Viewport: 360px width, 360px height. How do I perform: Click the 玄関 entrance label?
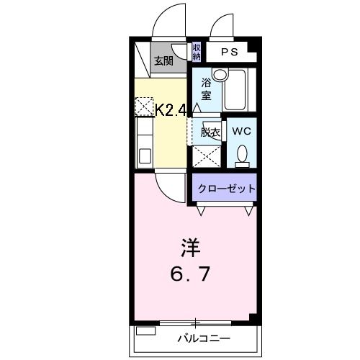point(163,61)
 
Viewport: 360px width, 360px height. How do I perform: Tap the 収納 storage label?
point(197,52)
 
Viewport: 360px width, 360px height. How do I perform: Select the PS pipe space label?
point(230,52)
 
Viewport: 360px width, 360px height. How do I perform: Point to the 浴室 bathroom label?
point(206,89)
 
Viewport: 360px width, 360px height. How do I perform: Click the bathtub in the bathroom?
point(234,90)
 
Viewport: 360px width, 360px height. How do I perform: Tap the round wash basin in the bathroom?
point(220,75)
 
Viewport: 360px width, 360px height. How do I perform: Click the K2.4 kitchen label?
point(171,110)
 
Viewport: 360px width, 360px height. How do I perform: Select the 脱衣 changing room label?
point(210,132)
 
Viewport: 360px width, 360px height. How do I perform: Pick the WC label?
point(241,131)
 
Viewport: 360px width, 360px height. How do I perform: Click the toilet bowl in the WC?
point(242,153)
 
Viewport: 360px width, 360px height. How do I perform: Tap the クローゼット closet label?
point(226,189)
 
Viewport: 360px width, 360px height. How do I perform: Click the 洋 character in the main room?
point(191,248)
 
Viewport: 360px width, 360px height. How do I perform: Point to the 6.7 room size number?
point(190,274)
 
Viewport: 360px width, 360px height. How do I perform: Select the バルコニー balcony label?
point(204,338)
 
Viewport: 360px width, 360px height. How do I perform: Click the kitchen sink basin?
point(145,156)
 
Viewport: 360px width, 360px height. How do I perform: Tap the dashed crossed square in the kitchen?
point(144,106)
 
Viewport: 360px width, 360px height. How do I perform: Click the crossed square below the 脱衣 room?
point(207,156)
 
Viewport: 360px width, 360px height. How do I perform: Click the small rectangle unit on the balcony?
point(145,330)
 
